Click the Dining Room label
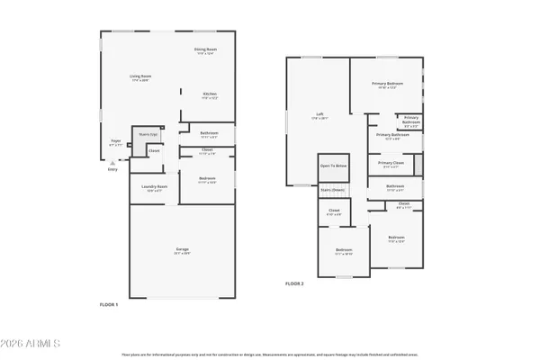(x=206, y=50)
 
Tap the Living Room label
(x=139, y=77)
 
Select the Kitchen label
(x=208, y=94)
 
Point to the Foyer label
(x=115, y=141)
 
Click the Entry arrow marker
(x=112, y=162)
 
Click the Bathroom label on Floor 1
(x=207, y=134)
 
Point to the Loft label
(x=319, y=114)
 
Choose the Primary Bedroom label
(x=387, y=84)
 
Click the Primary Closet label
(x=391, y=164)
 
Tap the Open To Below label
(x=332, y=166)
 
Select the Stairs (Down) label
(x=332, y=190)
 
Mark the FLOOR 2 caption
(x=295, y=283)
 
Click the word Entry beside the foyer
(x=112, y=168)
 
